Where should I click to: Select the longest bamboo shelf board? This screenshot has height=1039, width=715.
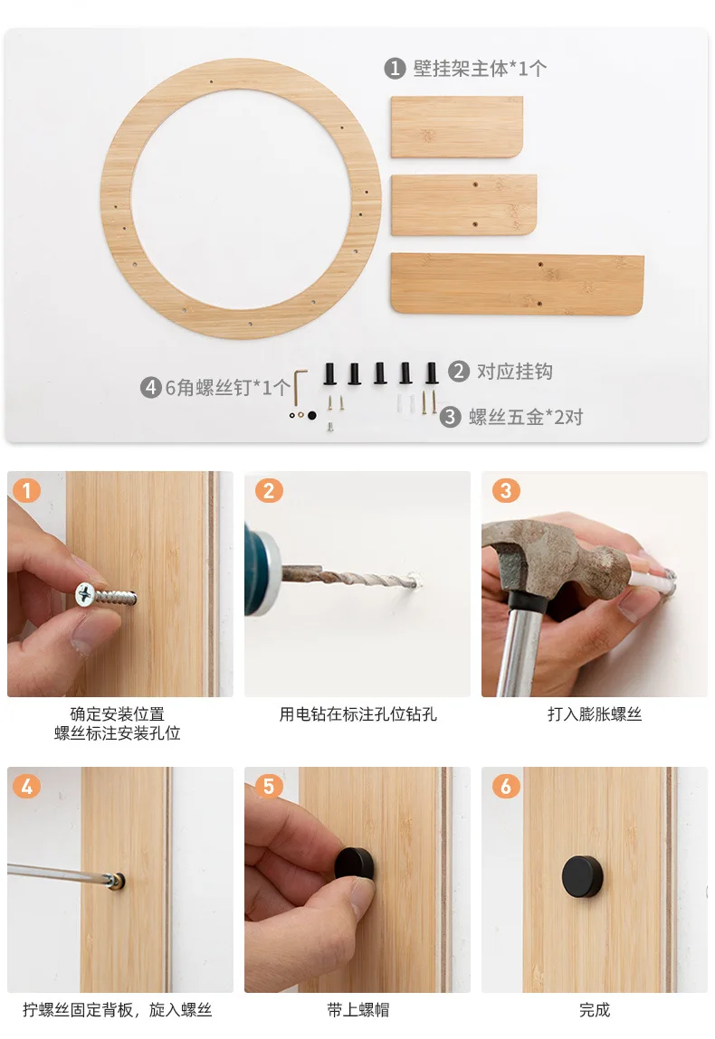coord(518,284)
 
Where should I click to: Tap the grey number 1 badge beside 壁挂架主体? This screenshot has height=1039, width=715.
coord(395,68)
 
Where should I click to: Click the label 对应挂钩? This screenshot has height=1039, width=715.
coord(515,371)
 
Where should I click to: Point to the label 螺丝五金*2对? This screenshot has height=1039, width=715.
coord(525,417)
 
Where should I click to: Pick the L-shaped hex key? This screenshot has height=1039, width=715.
coord(300,388)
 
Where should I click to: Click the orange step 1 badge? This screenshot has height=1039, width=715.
coord(27,491)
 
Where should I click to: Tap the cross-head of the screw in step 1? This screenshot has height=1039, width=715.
coord(85,594)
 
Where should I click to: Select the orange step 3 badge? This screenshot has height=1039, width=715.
coord(506,491)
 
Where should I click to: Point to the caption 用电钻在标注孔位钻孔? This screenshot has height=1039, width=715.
coord(358,714)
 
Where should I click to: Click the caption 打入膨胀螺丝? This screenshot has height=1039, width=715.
coord(595,714)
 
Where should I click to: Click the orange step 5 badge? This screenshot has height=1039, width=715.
coord(270,787)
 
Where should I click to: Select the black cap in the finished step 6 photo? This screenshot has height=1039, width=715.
coord(582,876)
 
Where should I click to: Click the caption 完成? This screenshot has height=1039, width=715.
coord(595,1010)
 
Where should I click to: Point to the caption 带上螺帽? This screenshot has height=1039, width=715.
coord(358,1010)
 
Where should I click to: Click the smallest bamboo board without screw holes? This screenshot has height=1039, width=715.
coord(457,128)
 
